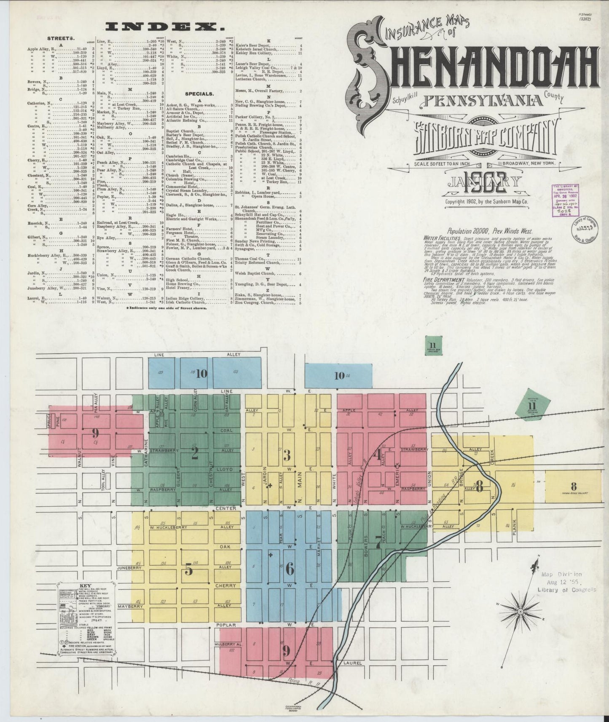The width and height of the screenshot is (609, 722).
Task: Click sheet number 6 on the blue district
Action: (x=289, y=569)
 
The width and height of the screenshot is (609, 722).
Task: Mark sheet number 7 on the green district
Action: (x=378, y=543)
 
